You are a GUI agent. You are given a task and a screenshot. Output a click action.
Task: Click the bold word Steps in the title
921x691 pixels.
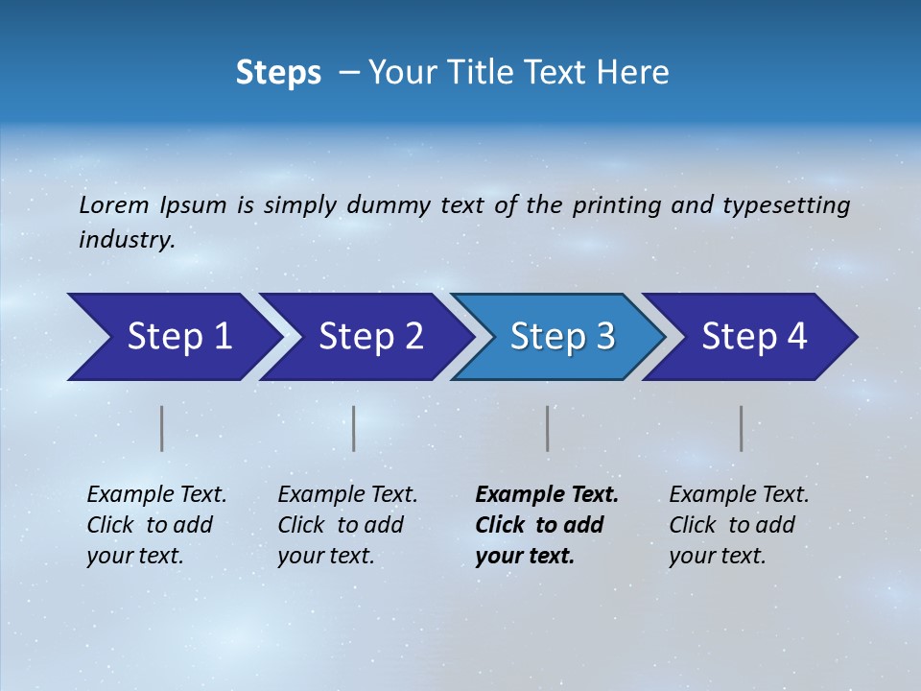278,73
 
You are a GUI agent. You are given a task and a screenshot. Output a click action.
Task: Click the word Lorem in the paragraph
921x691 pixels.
114,204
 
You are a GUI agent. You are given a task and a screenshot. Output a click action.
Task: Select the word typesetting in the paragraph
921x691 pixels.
786,204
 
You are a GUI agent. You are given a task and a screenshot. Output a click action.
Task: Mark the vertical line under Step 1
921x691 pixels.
162,428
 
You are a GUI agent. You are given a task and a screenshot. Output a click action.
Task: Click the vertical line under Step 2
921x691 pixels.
354,428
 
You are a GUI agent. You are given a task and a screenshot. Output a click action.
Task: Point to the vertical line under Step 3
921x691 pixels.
548,428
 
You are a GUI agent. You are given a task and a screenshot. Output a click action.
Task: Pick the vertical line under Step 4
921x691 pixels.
742,428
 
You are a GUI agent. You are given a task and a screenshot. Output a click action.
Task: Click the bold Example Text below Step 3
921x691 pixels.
547,494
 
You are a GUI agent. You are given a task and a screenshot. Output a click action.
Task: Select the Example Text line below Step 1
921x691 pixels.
156,494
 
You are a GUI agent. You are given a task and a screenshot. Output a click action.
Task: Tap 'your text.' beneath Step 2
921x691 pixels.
325,556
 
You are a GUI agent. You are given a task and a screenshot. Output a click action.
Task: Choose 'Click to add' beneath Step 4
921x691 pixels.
732,525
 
